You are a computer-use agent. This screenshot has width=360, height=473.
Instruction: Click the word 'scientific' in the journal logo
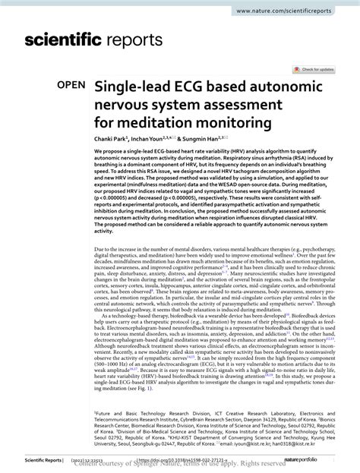(x=67, y=39)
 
